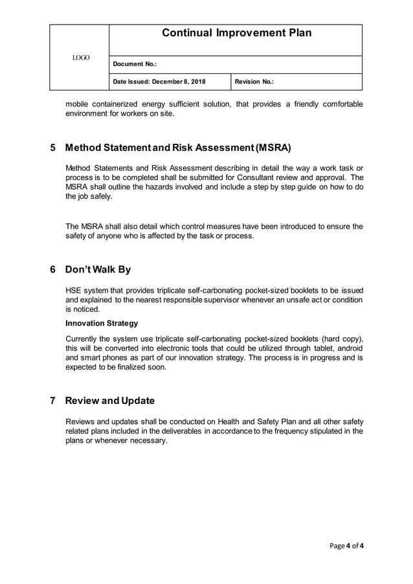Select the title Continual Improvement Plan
236,33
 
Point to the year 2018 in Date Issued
197,82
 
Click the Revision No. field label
254,82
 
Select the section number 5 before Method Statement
53,148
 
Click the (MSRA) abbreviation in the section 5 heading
273,148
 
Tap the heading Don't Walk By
98,269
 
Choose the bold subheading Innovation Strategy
102,323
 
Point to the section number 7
53,400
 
